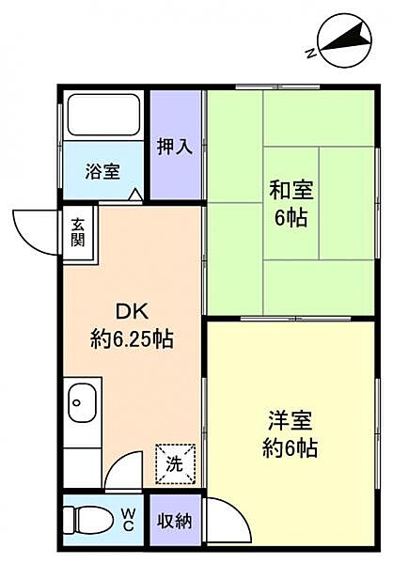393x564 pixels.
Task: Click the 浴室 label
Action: tap(102, 171)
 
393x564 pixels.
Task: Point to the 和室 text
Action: tap(291, 190)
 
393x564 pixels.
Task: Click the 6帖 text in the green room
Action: tap(291, 218)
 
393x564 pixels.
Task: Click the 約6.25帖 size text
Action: tap(132, 338)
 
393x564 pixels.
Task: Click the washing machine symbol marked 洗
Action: tap(176, 462)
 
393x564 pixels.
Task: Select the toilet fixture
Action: tap(86, 519)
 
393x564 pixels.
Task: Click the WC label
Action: tap(130, 518)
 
